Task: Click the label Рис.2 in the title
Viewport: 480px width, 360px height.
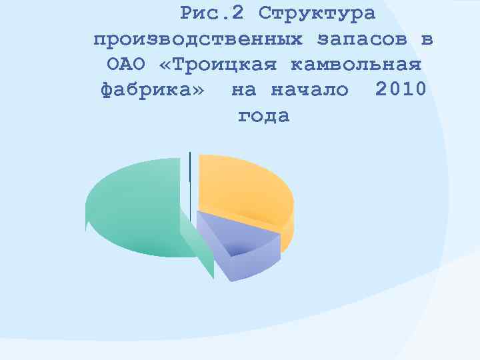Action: pyautogui.click(x=212, y=13)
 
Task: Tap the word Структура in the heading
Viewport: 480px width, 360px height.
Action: pyautogui.click(x=317, y=13)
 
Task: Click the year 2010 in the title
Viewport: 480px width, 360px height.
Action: pyautogui.click(x=400, y=89)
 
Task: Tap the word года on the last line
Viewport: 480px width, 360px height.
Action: pyautogui.click(x=263, y=116)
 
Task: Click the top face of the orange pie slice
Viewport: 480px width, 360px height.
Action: pyautogui.click(x=243, y=187)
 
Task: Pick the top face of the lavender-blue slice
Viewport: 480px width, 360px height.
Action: pyautogui.click(x=233, y=233)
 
